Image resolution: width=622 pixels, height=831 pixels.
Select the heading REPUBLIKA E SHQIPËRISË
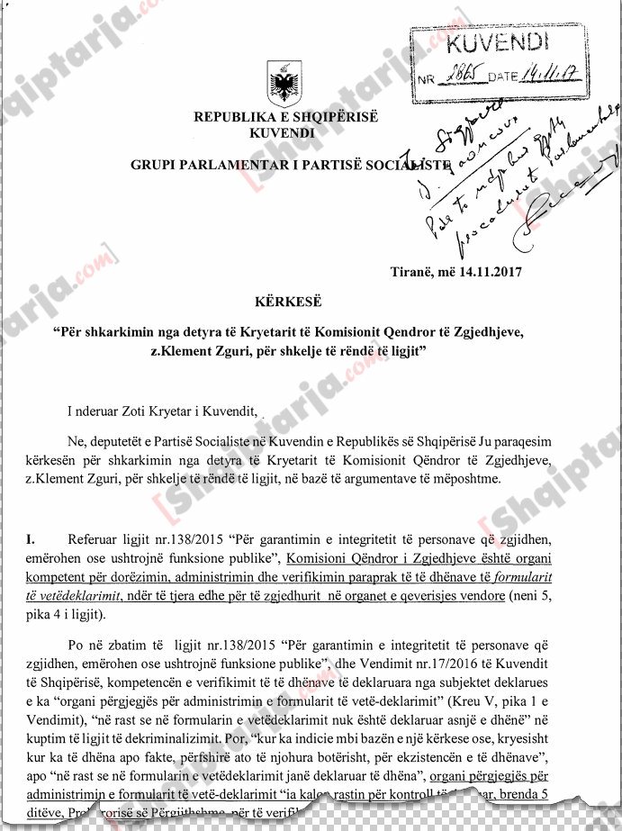[287, 119]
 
